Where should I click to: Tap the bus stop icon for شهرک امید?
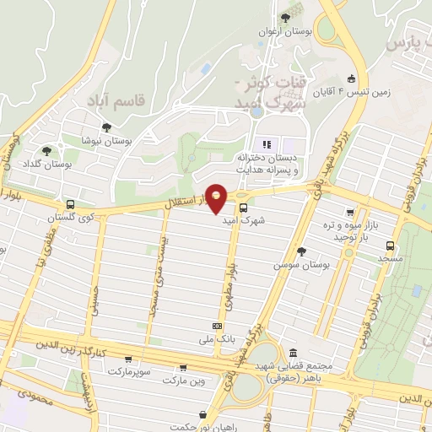coord(243,208)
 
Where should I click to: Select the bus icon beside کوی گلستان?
coord(70,205)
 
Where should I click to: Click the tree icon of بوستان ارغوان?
coord(284,17)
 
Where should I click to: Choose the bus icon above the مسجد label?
coord(389,246)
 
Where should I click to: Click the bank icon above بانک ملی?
coord(218,326)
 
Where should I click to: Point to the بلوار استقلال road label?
coord(177,203)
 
